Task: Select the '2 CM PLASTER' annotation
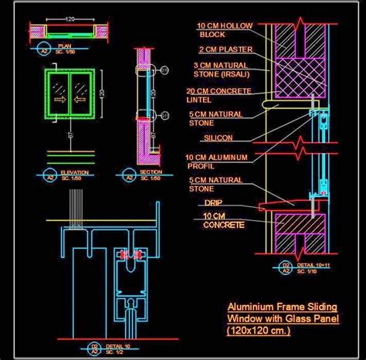223,52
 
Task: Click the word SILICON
218,138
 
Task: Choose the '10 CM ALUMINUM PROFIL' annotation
217,161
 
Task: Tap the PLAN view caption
65,47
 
